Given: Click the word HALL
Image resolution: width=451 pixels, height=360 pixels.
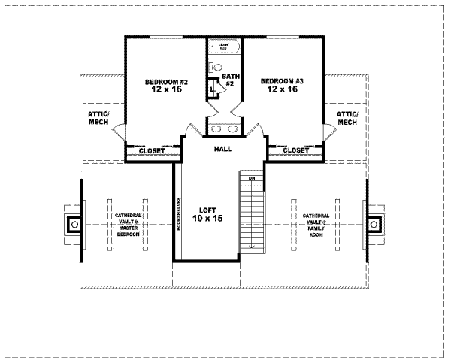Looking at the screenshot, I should [x=222, y=150].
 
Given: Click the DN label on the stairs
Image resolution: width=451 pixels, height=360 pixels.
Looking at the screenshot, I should [x=253, y=178].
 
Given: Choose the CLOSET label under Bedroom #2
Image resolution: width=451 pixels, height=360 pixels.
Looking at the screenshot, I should [x=152, y=151].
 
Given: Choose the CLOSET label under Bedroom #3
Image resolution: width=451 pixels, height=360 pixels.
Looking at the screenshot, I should [x=295, y=151].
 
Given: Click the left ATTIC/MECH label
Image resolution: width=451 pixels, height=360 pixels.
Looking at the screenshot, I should [x=98, y=118].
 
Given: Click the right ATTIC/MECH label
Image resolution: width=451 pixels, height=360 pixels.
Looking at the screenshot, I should [x=347, y=118].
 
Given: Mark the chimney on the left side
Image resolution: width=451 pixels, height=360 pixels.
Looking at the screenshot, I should [x=74, y=224].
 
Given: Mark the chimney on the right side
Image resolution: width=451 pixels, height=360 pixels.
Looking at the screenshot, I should [x=374, y=224].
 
